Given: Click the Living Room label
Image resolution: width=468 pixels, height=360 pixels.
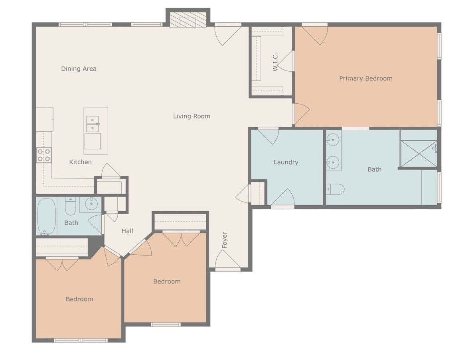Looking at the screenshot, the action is (x=192, y=116).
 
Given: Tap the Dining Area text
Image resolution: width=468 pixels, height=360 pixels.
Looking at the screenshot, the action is (x=79, y=69).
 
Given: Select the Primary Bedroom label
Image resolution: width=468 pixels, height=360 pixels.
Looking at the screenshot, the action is (x=365, y=79).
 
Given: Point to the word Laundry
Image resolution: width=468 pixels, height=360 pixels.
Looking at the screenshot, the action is (x=286, y=162).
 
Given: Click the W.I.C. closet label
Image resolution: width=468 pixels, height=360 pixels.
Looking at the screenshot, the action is (x=275, y=62).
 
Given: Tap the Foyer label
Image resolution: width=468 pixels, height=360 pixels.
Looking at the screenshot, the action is (x=225, y=240).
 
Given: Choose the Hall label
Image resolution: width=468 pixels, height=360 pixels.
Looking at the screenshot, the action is (x=127, y=231).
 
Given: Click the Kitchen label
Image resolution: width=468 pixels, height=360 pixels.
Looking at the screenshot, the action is (x=80, y=162).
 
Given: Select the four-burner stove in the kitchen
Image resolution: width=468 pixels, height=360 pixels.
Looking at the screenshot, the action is (x=44, y=155).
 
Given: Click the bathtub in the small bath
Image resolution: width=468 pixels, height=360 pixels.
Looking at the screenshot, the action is (x=46, y=216).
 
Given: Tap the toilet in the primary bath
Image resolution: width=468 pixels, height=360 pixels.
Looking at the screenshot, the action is (x=335, y=189).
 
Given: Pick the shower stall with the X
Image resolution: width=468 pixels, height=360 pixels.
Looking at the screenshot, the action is (x=419, y=153).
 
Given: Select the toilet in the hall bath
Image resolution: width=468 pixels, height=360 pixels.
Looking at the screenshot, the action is (x=71, y=206).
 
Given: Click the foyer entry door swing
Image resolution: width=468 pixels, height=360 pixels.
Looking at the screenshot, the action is (x=228, y=259).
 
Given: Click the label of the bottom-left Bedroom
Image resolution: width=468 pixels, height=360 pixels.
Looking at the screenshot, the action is (x=79, y=299).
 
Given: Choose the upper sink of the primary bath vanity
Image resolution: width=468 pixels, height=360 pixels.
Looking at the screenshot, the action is (x=332, y=139).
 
